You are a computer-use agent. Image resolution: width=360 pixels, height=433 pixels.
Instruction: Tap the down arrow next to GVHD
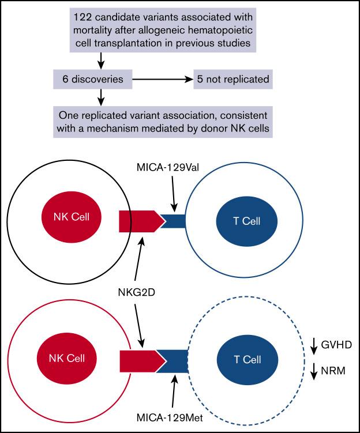tap(314, 345)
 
